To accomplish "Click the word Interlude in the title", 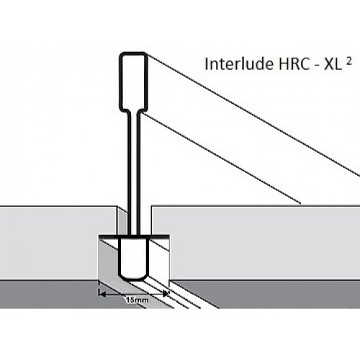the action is coord(239,64).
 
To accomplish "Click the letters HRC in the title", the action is coord(293,64).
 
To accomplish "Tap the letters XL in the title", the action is coord(333,64).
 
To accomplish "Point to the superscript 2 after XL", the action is coord(349,61).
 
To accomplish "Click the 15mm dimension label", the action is coord(137,300).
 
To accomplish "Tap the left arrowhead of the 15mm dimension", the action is coord(102,294).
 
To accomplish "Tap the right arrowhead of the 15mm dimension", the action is coord(165,293).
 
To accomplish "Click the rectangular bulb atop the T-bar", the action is coord(133,82).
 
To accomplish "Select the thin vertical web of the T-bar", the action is coord(133,174).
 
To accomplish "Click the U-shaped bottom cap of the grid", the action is coord(133,260).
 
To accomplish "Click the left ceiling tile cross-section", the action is coord(58,243).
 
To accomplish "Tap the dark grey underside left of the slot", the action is coord(48,294).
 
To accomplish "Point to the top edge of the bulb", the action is coord(133,53).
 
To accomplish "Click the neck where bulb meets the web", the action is coord(133,112).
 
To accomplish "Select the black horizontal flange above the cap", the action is coord(133,237).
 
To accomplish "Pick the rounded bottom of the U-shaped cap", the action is coord(133,279).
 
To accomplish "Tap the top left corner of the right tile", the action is coord(152,206).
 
